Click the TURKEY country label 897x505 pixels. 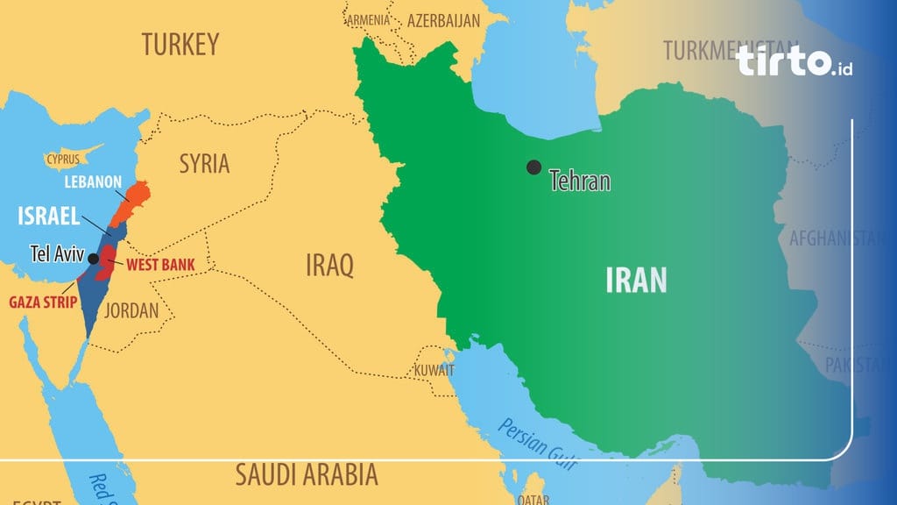tap(181, 45)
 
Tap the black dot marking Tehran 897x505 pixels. tap(533, 167)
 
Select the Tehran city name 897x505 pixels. tap(579, 181)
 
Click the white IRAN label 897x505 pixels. tap(636, 280)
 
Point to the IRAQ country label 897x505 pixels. tap(329, 264)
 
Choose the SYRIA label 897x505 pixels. tap(204, 163)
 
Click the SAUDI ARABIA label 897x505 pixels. tap(307, 475)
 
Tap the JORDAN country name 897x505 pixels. tap(131, 310)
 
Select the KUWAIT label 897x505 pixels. tap(434, 369)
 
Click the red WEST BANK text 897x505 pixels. tap(160, 264)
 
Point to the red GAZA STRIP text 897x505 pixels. tap(43, 302)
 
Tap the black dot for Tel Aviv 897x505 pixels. tap(93, 259)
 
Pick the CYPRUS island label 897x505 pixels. tap(63, 160)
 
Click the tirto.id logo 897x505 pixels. tap(794, 61)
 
